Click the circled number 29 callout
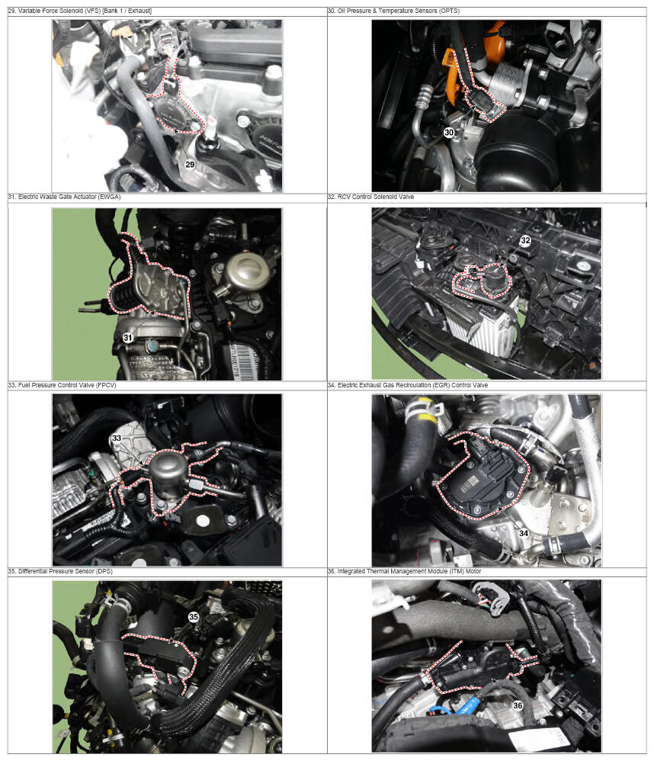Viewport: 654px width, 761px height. pos(190,165)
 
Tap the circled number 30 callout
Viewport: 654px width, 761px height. pos(449,132)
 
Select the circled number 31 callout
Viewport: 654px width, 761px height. pos(127,337)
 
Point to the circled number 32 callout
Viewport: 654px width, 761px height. pos(525,240)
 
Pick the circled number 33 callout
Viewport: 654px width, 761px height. pos(117,438)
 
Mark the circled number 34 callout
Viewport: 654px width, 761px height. pos(524,533)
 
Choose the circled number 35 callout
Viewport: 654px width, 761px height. pos(194,617)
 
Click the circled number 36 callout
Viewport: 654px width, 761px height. pos(518,705)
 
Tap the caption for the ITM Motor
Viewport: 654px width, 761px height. pos(404,571)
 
